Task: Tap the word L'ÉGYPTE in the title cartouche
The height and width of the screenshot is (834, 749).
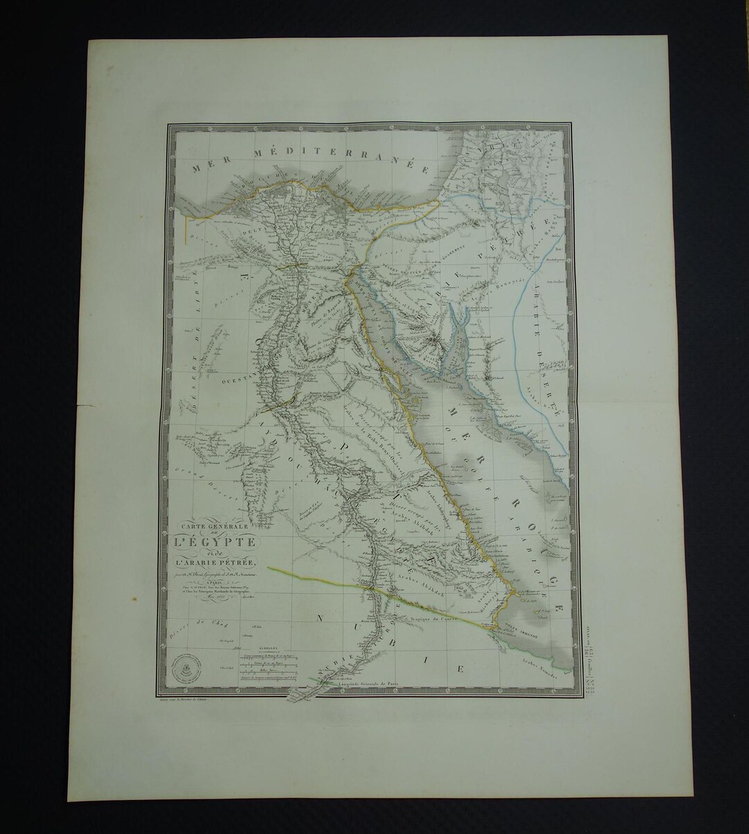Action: click(216, 541)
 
